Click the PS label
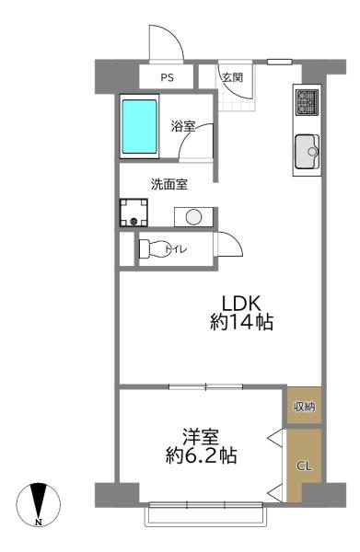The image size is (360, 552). coord(168,77)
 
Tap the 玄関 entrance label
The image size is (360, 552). coord(231,77)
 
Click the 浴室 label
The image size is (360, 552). coord(182,126)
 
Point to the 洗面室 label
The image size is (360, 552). coord(169,183)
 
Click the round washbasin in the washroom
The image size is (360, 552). coord(193,216)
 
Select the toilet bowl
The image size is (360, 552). coord(156,248)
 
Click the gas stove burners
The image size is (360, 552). coord(306,102)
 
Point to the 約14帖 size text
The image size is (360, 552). coord(242,323)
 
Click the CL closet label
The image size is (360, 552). coord(305,466)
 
